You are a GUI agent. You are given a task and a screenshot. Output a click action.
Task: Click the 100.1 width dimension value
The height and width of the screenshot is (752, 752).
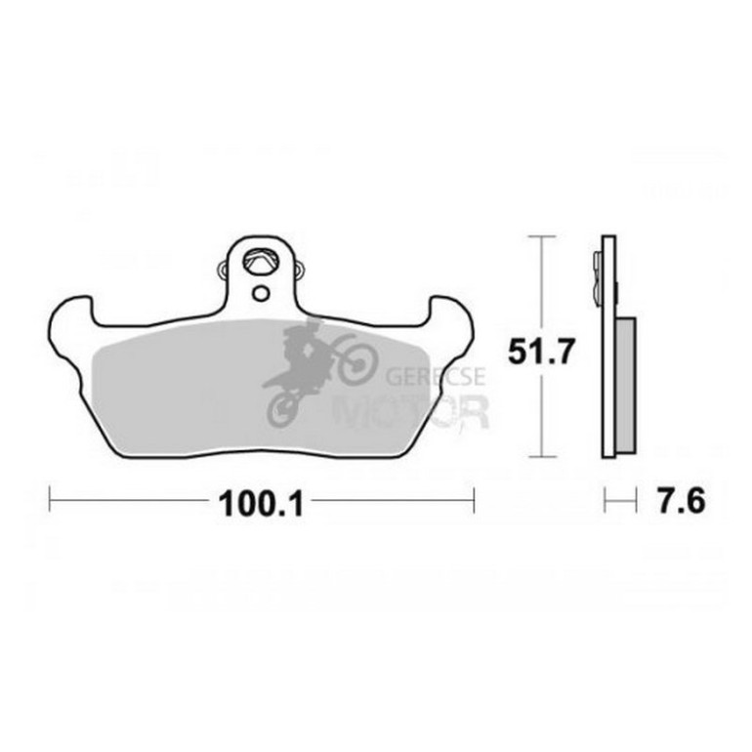click(x=261, y=504)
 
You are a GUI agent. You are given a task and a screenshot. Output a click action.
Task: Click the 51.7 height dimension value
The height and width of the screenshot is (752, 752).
click(x=540, y=353)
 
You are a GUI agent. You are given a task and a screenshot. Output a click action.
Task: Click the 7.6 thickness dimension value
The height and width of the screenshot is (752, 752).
click(x=681, y=501)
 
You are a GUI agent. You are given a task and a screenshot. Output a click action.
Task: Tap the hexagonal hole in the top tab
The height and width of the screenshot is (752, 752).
click(x=262, y=262)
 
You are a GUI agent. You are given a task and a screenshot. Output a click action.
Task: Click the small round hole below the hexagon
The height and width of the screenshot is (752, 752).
click(x=262, y=293)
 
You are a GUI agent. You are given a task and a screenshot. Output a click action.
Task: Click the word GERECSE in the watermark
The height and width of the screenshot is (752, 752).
click(x=436, y=376)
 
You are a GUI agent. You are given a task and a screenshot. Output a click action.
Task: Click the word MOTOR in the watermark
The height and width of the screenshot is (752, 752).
click(x=411, y=411)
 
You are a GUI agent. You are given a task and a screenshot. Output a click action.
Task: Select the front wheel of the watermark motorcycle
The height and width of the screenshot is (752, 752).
click(x=358, y=365)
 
